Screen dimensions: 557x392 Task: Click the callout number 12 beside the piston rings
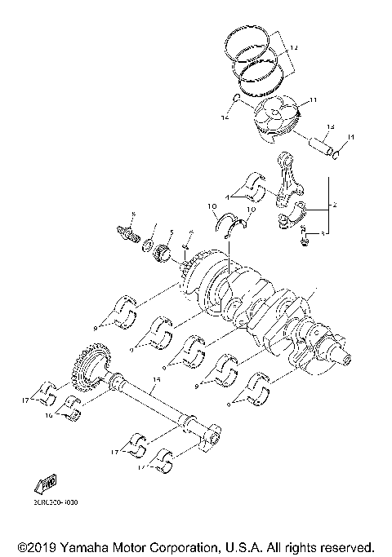pyautogui.click(x=294, y=50)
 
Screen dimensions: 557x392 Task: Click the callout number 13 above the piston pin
pyautogui.click(x=332, y=126)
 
